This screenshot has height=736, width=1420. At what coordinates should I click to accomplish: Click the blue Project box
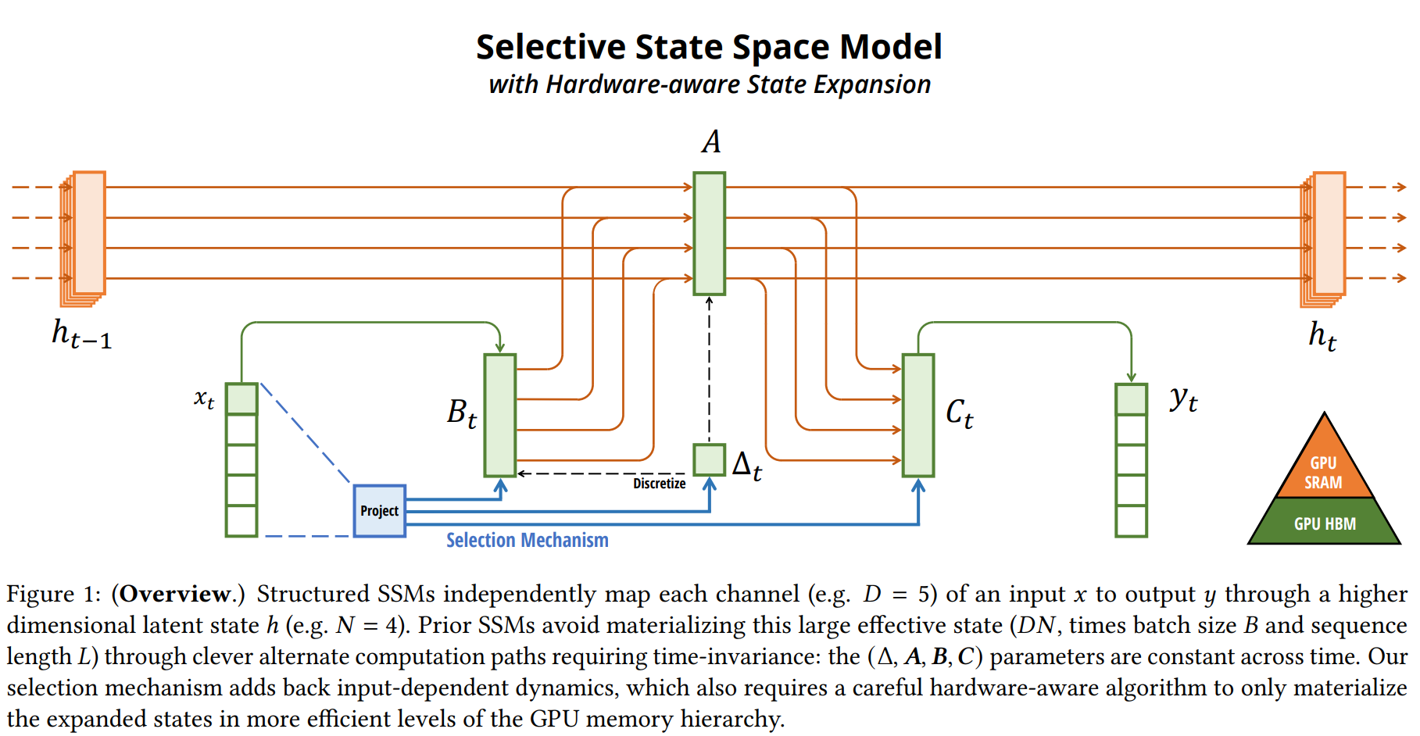click(x=379, y=511)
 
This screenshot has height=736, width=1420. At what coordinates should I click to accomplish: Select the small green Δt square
click(x=709, y=459)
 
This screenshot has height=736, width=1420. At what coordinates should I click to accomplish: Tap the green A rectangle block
click(x=709, y=233)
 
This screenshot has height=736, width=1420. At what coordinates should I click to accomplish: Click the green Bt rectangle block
click(x=499, y=415)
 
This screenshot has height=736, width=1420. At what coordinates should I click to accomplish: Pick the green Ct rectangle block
click(x=917, y=415)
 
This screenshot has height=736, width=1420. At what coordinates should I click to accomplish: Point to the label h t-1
click(x=81, y=334)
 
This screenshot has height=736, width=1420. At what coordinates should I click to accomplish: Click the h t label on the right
click(x=1322, y=335)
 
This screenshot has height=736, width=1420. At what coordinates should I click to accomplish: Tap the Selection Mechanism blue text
click(x=527, y=540)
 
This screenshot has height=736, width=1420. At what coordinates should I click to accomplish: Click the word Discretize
click(x=659, y=484)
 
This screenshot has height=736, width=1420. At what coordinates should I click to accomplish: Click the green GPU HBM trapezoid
click(x=1324, y=523)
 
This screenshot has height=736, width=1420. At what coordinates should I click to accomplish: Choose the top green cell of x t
click(x=241, y=398)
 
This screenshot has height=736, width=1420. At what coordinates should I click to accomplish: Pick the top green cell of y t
click(x=1131, y=399)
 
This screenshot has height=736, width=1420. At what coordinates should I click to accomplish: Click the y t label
click(x=1183, y=399)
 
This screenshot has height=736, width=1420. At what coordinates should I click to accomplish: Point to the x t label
click(x=204, y=398)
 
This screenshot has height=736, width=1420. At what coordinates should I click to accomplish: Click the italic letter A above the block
click(x=710, y=142)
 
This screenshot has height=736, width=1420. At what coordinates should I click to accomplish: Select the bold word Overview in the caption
click(x=176, y=594)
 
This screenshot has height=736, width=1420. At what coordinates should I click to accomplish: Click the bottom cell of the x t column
click(x=241, y=520)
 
